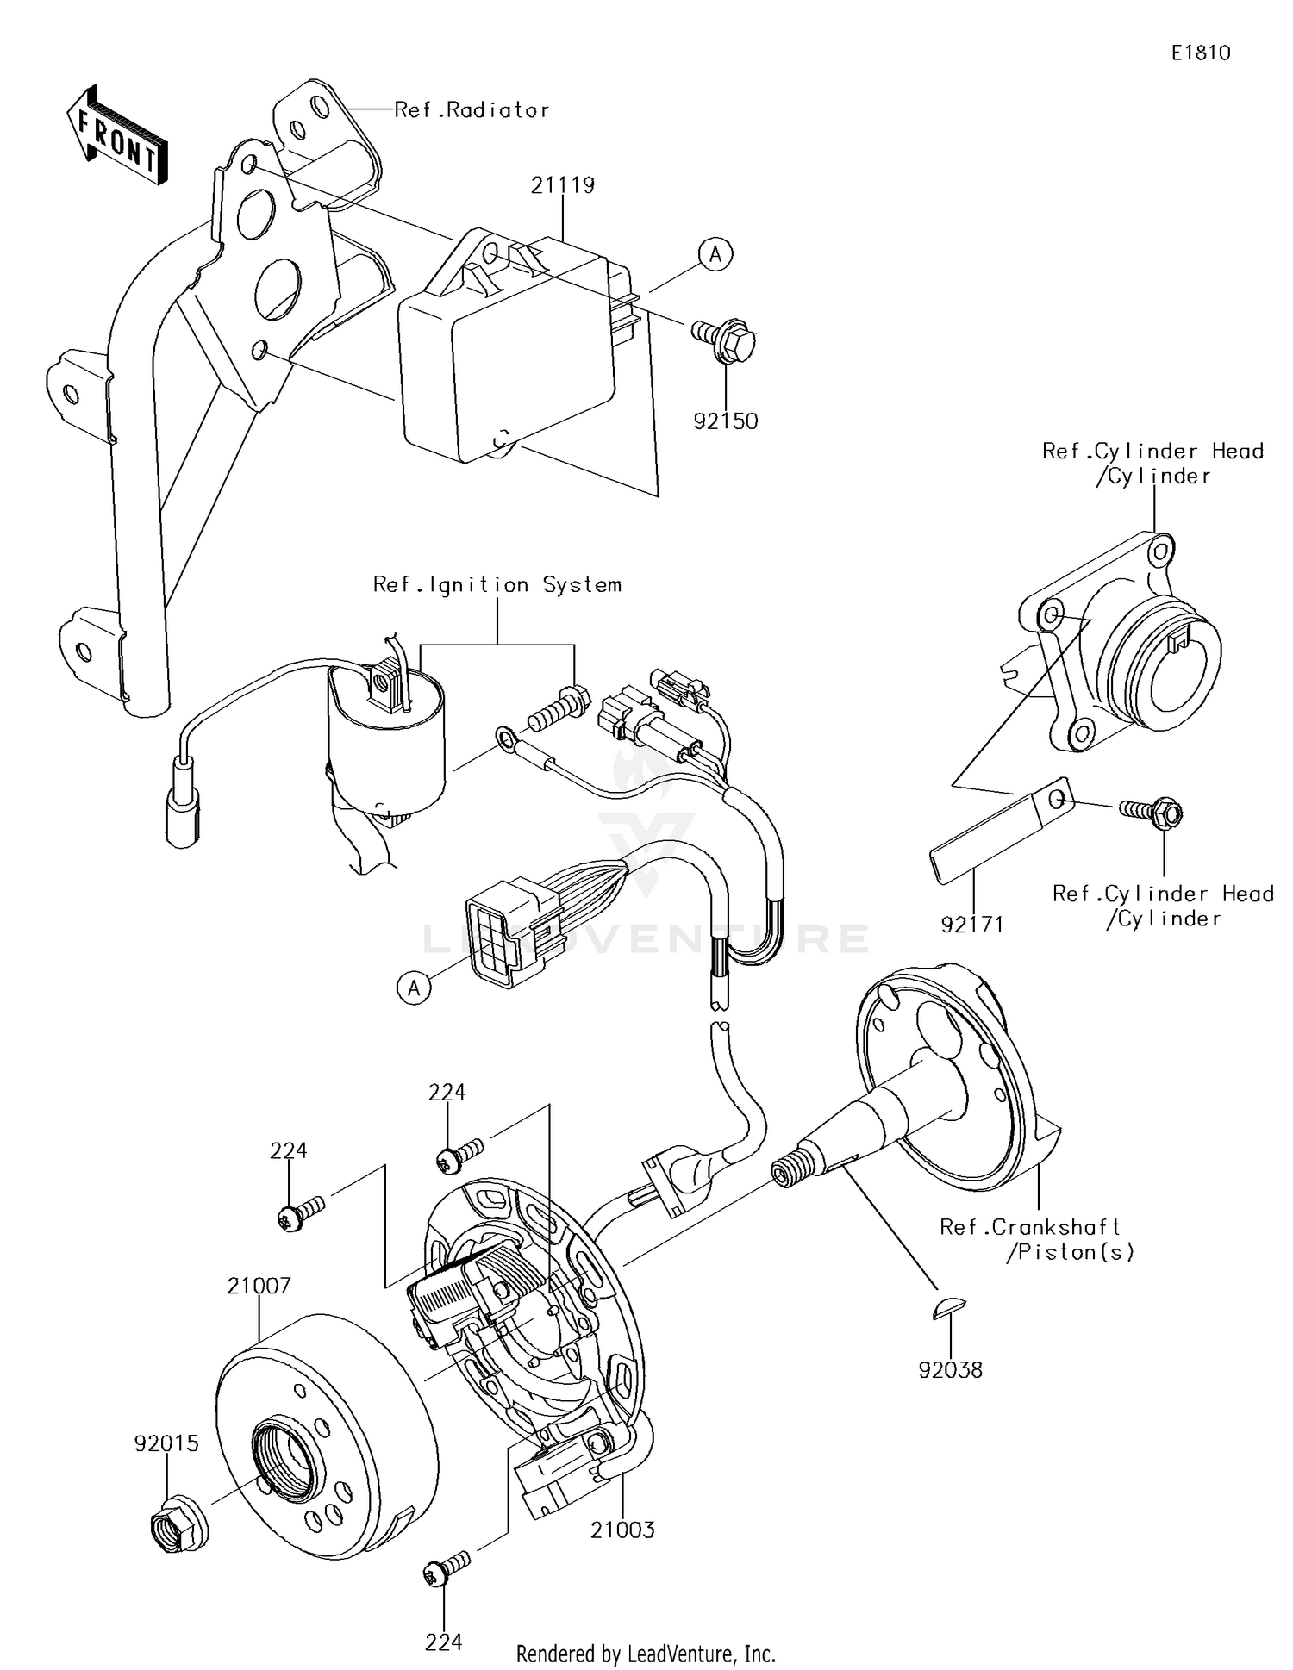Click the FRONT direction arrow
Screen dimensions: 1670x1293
[x=117, y=135]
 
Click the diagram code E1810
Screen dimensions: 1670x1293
[x=1200, y=53]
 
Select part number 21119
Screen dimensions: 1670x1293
[x=562, y=185]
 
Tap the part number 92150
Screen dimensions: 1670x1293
[x=726, y=421]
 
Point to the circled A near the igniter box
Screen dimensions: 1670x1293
[x=715, y=255]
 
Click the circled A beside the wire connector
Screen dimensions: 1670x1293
[x=414, y=988]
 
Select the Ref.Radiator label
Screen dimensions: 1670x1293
[x=472, y=110]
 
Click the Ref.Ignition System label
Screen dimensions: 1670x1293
[x=497, y=585]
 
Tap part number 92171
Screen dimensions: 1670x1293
[x=972, y=925]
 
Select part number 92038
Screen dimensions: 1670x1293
[x=950, y=1369]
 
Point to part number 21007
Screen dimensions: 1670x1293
[x=259, y=1286]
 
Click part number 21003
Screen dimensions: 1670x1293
[x=622, y=1530]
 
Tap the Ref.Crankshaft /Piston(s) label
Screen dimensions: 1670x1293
[x=1034, y=1239]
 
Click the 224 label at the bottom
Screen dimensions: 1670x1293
[x=443, y=1642]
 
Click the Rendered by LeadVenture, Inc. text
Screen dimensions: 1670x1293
[x=646, y=1654]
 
